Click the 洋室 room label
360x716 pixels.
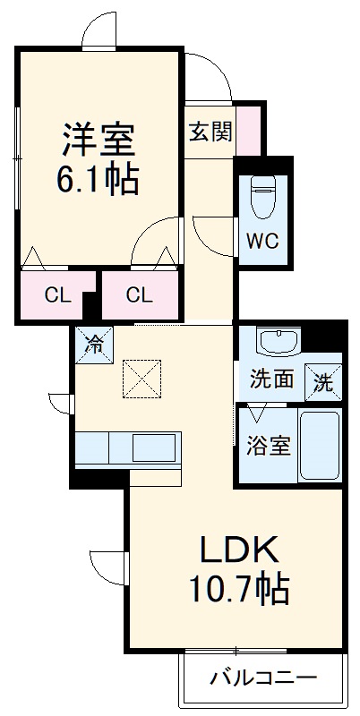point(98,141)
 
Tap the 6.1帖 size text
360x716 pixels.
point(98,182)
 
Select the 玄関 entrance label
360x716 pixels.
point(210,132)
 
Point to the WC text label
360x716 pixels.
point(263,241)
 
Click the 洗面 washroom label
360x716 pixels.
point(271,379)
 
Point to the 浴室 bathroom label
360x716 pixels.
point(268,446)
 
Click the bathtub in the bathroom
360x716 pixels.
point(319,445)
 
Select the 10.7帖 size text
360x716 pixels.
point(238,589)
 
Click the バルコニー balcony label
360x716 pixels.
point(263,678)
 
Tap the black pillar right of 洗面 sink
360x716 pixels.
point(334,341)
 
